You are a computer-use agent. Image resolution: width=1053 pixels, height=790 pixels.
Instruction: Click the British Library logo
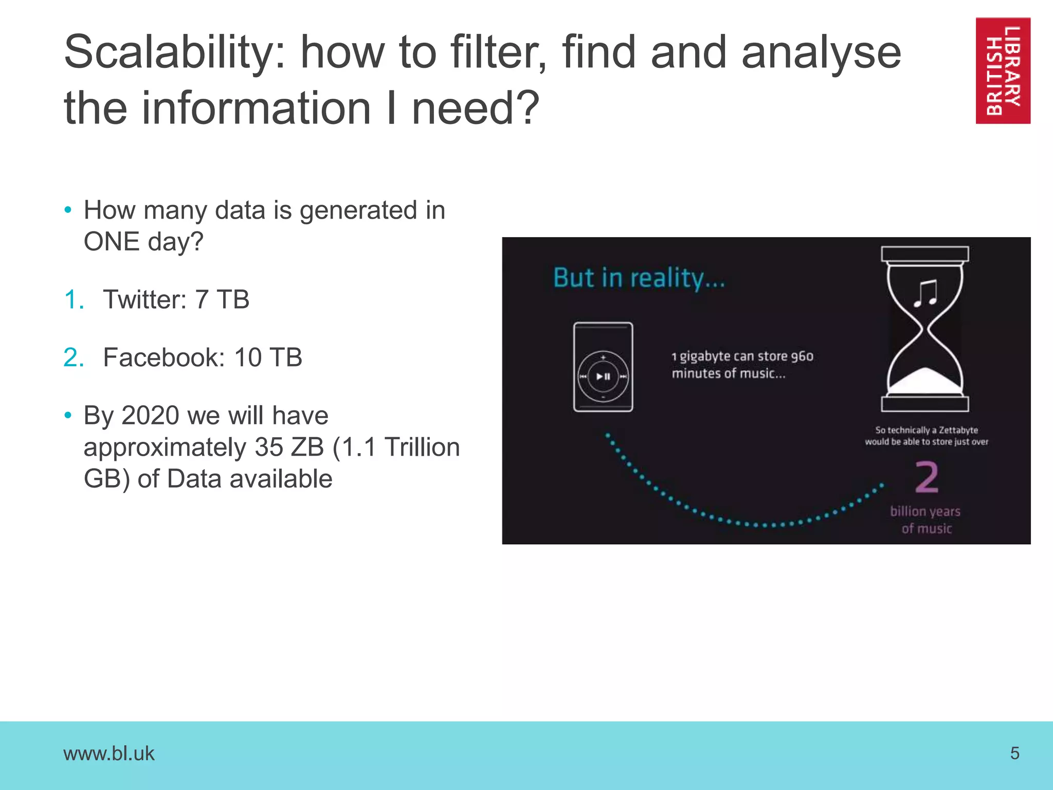[1003, 70]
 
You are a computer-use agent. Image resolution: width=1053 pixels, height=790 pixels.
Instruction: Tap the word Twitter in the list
[144, 300]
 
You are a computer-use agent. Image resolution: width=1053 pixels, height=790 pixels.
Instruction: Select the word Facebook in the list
[164, 357]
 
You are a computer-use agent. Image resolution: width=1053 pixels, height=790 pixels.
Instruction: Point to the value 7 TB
[222, 300]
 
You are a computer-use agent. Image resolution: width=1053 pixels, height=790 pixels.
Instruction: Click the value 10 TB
[268, 357]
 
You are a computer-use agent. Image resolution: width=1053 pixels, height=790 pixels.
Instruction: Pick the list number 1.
[73, 300]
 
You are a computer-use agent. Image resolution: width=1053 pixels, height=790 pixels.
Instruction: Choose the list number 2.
[73, 357]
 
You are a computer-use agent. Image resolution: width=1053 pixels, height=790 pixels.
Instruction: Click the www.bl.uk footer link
[108, 753]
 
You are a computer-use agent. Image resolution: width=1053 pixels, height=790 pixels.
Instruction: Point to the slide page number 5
[1014, 753]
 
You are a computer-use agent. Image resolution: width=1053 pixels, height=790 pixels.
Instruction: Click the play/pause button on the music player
[603, 376]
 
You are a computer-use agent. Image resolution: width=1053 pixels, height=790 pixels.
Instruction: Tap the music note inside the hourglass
[925, 293]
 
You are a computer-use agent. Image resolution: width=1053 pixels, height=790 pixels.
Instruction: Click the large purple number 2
[927, 477]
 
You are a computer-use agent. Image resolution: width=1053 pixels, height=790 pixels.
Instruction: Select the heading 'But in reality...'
[639, 278]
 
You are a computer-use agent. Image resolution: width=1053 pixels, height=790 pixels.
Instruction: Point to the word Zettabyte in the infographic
[958, 430]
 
